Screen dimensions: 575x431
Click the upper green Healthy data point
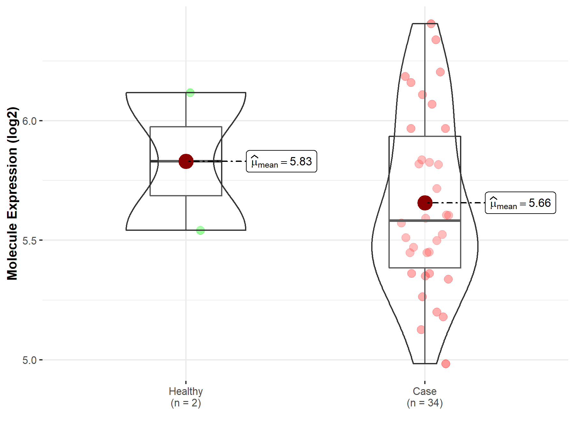190,93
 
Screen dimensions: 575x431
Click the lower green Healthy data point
200,230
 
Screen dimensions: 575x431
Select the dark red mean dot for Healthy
186,161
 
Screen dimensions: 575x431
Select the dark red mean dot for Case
425,203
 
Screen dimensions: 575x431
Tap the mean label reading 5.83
281,161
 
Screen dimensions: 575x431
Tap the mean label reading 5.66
520,203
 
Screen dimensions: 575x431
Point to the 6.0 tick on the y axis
29,121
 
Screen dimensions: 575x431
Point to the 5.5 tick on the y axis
29,240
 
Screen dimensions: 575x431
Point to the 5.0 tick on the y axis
29,360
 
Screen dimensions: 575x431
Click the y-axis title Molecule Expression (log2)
12,193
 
